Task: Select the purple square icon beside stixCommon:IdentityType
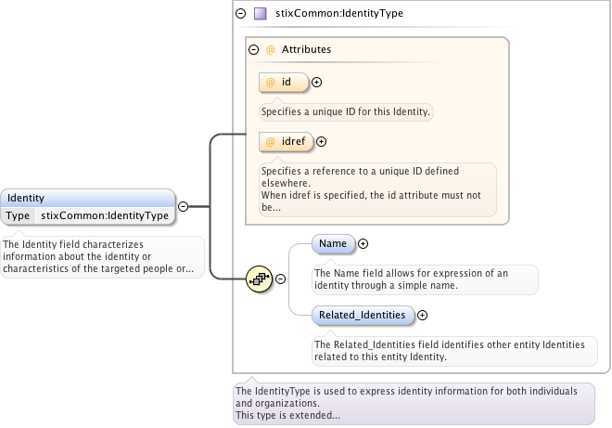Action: pyautogui.click(x=261, y=14)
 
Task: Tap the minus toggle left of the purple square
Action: pyautogui.click(x=241, y=14)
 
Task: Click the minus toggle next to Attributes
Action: pyautogui.click(x=253, y=49)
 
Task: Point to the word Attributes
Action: pyautogui.click(x=306, y=49)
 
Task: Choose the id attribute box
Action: pyautogui.click(x=284, y=83)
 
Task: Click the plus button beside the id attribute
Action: pyautogui.click(x=317, y=83)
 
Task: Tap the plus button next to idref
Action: pyautogui.click(x=322, y=142)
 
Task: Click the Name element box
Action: pyautogui.click(x=333, y=244)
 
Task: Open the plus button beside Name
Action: pyautogui.click(x=363, y=244)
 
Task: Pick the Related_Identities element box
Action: pyautogui.click(x=363, y=316)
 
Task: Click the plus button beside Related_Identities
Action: pyautogui.click(x=423, y=316)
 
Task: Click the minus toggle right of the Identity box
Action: pyautogui.click(x=184, y=207)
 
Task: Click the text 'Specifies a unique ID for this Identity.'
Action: pyautogui.click(x=346, y=111)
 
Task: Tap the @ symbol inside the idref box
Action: pyautogui.click(x=271, y=142)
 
